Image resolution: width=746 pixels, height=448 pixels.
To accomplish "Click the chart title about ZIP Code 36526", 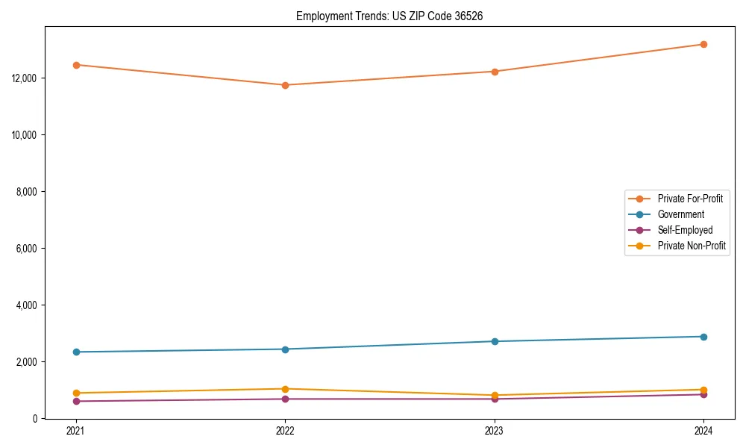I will point(389,16).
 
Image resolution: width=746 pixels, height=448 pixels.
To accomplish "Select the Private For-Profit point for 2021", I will point(76,65).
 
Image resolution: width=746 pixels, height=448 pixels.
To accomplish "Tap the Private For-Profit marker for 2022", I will point(285,85).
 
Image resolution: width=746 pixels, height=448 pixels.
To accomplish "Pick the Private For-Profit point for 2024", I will point(703,44).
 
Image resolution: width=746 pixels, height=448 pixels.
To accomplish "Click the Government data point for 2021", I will point(76,352).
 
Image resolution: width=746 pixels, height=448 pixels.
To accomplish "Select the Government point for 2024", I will point(703,337).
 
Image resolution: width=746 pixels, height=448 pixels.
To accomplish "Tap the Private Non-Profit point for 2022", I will point(285,389).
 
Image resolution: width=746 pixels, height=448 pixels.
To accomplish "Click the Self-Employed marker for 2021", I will point(76,401).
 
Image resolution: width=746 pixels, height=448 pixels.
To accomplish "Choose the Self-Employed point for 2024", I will point(703,394).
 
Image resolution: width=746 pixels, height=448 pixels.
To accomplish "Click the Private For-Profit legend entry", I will point(689,199).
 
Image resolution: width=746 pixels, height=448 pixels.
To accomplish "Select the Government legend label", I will point(680,214).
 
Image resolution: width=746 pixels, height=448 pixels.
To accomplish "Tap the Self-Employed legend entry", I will point(685,230).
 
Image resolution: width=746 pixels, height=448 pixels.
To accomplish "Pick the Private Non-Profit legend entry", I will point(692,246).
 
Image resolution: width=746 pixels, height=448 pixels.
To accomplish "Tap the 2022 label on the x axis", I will point(285,431).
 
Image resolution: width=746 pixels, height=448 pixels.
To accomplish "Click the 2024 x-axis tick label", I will point(703,431).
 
